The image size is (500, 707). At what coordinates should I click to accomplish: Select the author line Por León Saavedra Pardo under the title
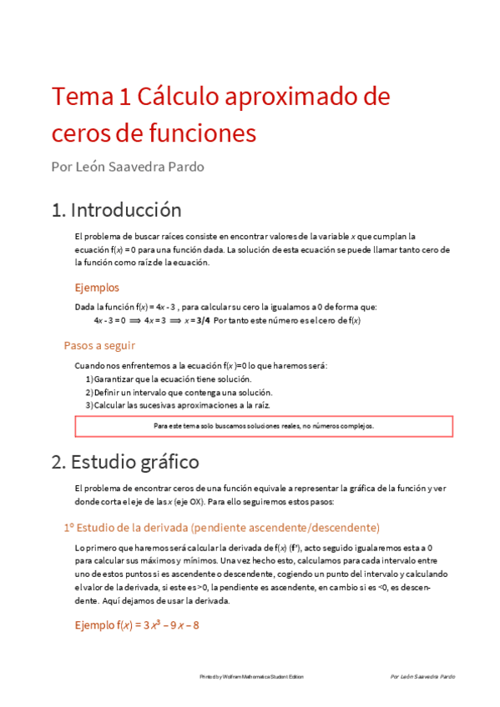[128, 166]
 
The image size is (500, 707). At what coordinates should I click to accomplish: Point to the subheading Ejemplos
[97, 288]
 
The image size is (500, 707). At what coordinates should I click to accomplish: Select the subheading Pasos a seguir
[99, 345]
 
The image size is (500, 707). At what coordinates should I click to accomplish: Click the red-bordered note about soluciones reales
[264, 426]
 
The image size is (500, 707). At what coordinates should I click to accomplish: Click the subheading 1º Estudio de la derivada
[221, 528]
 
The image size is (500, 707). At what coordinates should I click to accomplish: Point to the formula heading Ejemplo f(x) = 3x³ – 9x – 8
[137, 624]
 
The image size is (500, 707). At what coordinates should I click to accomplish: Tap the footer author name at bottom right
[423, 677]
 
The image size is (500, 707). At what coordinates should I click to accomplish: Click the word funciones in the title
[200, 133]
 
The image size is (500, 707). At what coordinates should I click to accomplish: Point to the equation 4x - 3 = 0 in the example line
[109, 320]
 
